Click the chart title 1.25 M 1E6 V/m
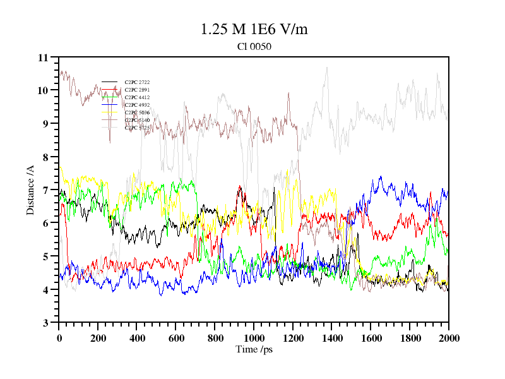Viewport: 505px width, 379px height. point(254,29)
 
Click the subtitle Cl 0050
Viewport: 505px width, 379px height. point(254,46)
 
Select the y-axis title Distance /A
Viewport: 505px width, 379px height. point(30,190)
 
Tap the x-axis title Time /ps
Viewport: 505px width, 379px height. point(254,349)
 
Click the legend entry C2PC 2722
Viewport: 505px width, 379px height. point(136,82)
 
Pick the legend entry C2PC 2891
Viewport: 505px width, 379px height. point(136,90)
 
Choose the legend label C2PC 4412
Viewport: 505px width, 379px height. point(136,97)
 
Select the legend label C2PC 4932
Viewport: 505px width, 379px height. point(136,105)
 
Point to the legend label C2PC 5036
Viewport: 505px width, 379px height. point(136,112)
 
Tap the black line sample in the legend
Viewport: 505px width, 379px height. point(110,82)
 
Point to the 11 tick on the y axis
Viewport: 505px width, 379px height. point(43,57)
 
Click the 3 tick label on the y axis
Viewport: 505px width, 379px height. point(45,323)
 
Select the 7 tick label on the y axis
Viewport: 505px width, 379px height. point(45,190)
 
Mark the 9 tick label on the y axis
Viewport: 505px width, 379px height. point(45,124)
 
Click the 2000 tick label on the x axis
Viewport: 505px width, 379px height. point(449,338)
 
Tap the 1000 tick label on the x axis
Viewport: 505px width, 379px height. point(254,338)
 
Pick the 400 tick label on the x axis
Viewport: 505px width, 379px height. point(137,338)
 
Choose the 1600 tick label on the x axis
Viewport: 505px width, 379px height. point(371,338)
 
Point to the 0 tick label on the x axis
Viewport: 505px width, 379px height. point(59,338)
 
